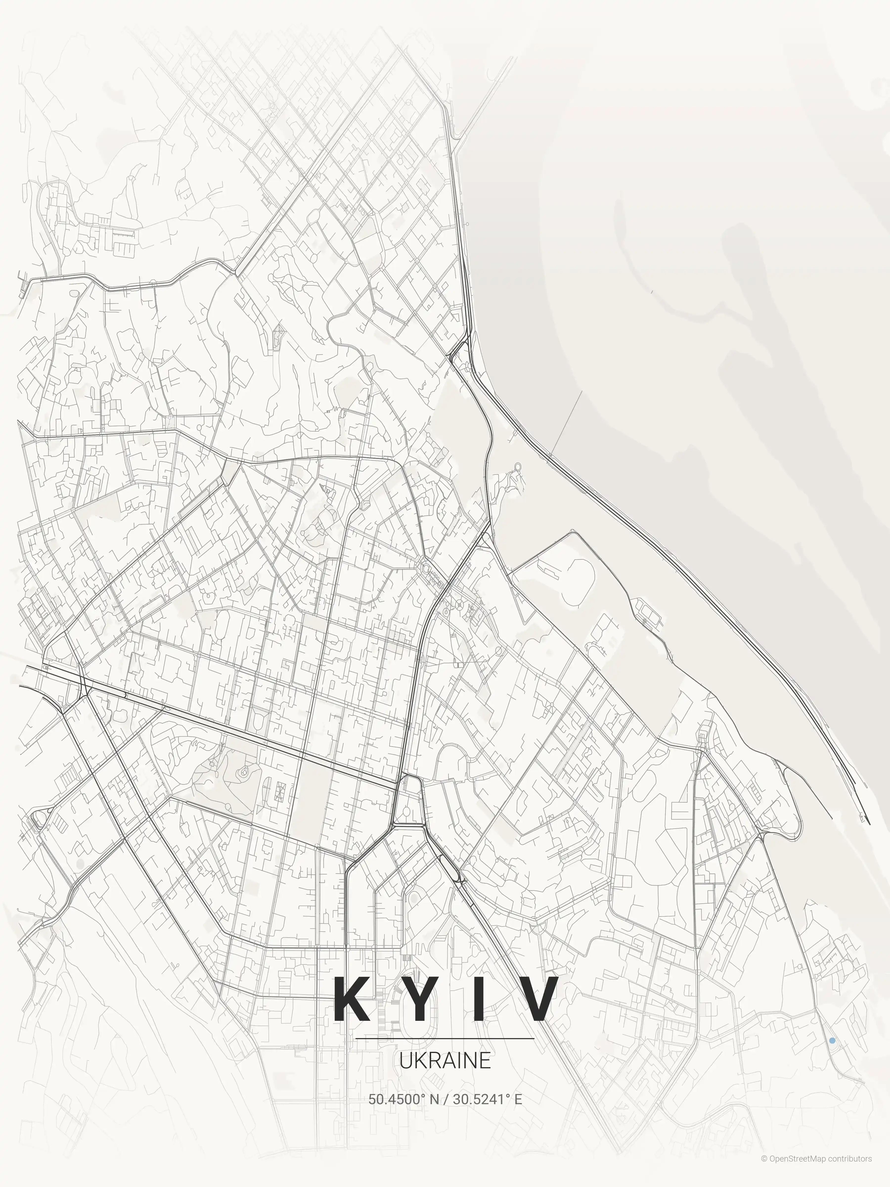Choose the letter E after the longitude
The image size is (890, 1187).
518,1099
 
